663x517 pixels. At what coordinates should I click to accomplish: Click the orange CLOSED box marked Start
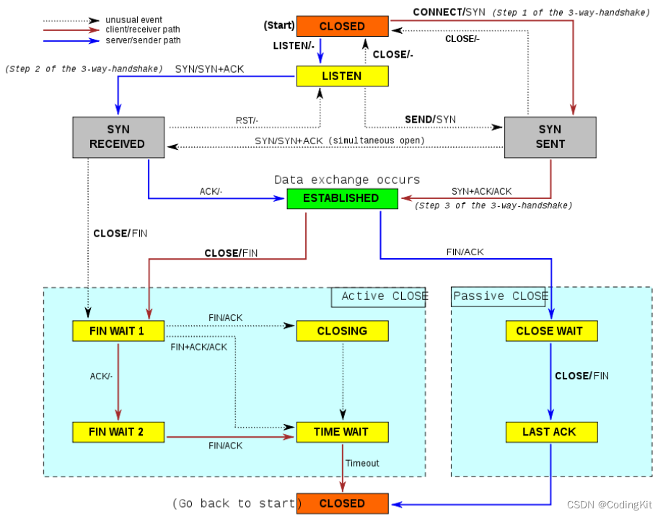[342, 27]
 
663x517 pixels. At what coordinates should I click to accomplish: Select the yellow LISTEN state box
[342, 76]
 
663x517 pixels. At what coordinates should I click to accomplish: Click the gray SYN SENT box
[550, 137]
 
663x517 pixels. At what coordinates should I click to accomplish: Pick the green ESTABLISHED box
[342, 198]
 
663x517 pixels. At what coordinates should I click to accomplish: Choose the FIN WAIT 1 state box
[118, 331]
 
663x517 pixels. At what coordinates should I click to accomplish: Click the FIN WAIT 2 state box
[118, 432]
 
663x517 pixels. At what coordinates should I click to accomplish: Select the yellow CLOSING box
[342, 331]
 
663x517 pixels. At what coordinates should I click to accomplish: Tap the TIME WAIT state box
[342, 432]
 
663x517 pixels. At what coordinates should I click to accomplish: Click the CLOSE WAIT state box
[550, 331]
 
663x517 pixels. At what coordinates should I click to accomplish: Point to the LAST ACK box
[550, 432]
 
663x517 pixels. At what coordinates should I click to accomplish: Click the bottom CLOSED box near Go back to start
[342, 503]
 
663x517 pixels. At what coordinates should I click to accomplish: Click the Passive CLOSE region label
[500, 296]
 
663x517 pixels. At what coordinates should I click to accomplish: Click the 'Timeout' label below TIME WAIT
[361, 463]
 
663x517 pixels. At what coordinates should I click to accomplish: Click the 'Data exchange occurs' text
[346, 180]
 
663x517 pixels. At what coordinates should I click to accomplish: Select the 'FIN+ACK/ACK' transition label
[198, 347]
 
